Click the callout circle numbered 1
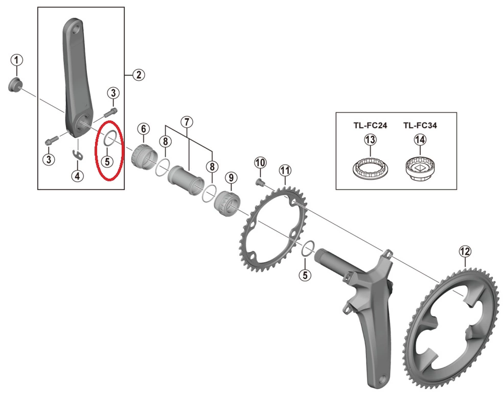pos(16,60)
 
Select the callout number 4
pos(77,176)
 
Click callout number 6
pos(143,130)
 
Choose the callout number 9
pos(231,178)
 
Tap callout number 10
pos(260,163)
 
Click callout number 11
pos(284,170)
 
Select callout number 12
pos(464,251)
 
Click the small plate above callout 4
pos(77,154)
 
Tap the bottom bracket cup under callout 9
pos(227,201)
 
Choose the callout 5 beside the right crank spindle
pos(305,275)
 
